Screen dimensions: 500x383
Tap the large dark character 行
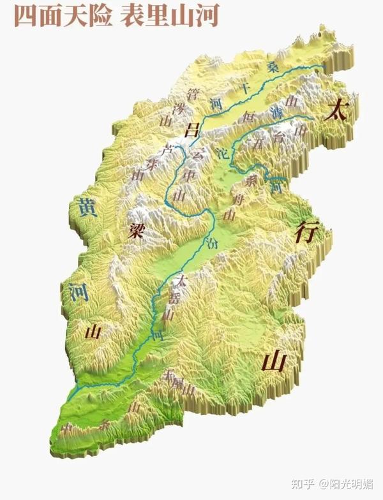coord(304,233)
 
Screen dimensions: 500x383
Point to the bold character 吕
coord(190,131)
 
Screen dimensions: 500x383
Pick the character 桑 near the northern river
coord(273,66)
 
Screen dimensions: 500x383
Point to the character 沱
coord(222,154)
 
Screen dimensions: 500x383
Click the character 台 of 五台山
coord(278,136)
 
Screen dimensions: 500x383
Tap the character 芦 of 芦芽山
coord(168,151)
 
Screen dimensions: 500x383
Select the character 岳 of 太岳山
coord(176,297)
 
